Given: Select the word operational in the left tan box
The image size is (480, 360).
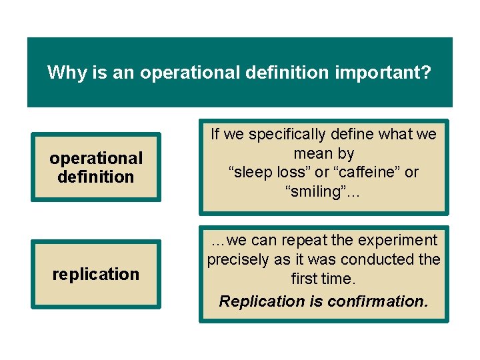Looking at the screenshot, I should [x=96, y=158].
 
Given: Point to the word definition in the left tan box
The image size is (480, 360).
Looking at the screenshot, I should [x=96, y=177].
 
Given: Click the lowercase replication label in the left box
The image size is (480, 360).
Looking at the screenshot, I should [x=96, y=274].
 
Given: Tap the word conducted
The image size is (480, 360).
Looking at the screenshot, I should [x=385, y=259].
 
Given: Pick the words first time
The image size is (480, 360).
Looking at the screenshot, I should [x=323, y=278].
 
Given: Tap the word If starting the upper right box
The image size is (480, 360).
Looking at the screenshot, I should [x=215, y=134].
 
